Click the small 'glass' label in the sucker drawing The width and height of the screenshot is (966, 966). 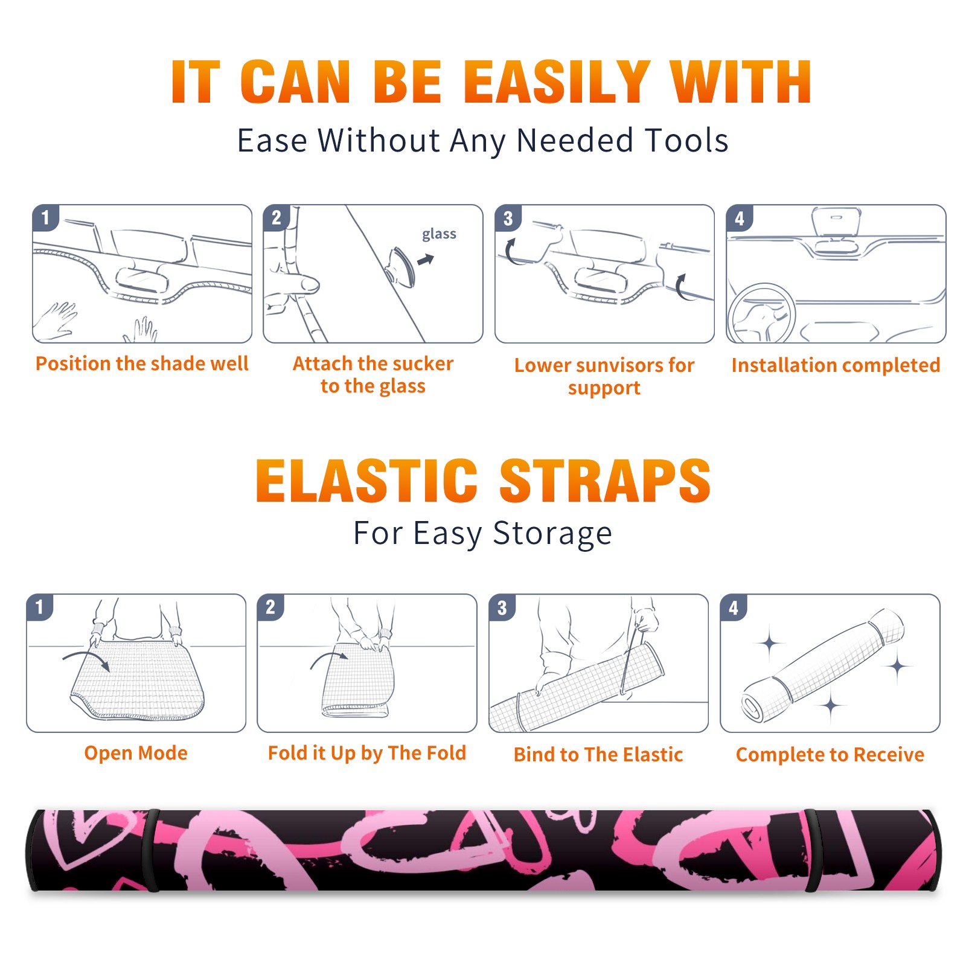(x=439, y=234)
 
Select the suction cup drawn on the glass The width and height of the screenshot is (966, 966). (x=401, y=267)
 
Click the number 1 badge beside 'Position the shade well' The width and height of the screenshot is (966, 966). (x=46, y=217)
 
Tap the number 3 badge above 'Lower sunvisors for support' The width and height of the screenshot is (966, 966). (x=508, y=217)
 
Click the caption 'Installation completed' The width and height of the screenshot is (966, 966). (x=836, y=365)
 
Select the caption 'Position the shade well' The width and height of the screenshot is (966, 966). (x=142, y=363)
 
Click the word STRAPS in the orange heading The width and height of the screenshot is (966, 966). (x=605, y=481)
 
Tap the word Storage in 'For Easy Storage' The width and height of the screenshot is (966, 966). (x=552, y=534)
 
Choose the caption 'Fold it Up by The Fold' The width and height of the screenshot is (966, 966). (x=367, y=753)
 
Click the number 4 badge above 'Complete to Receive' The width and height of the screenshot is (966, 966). (x=734, y=607)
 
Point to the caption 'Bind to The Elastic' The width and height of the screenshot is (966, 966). (x=598, y=755)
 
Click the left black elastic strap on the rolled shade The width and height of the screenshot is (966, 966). (x=151, y=850)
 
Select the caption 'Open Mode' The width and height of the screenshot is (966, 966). (x=136, y=753)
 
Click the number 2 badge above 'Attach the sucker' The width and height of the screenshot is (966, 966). (x=277, y=217)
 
